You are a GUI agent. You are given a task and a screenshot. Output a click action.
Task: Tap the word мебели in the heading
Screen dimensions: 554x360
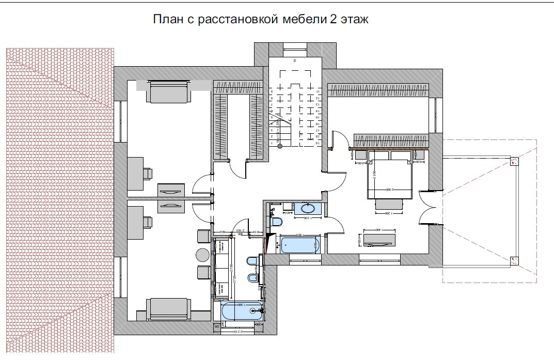click(298, 20)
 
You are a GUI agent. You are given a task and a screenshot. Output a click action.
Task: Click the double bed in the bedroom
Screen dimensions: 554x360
click(390, 178)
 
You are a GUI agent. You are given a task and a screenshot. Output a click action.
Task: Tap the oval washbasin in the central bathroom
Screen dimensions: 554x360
click(308, 209)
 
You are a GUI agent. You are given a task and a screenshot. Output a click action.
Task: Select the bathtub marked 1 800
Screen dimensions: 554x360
click(300, 244)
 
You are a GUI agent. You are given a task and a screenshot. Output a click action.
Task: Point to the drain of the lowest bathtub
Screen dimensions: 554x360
click(253, 311)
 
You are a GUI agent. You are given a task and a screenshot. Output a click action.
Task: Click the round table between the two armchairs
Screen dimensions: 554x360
click(202, 254)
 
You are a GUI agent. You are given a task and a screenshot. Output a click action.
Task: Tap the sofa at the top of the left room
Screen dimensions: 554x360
click(168, 92)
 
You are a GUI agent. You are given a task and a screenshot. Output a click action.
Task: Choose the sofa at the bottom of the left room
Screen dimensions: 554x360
click(168, 308)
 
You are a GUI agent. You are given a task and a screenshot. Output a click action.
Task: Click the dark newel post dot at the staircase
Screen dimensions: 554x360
click(280, 146)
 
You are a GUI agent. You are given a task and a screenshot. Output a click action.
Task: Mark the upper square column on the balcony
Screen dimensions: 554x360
click(514, 162)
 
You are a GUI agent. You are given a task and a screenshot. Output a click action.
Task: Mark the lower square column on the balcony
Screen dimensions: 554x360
click(514, 260)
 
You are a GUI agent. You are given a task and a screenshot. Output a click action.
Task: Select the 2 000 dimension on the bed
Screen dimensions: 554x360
click(397, 190)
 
